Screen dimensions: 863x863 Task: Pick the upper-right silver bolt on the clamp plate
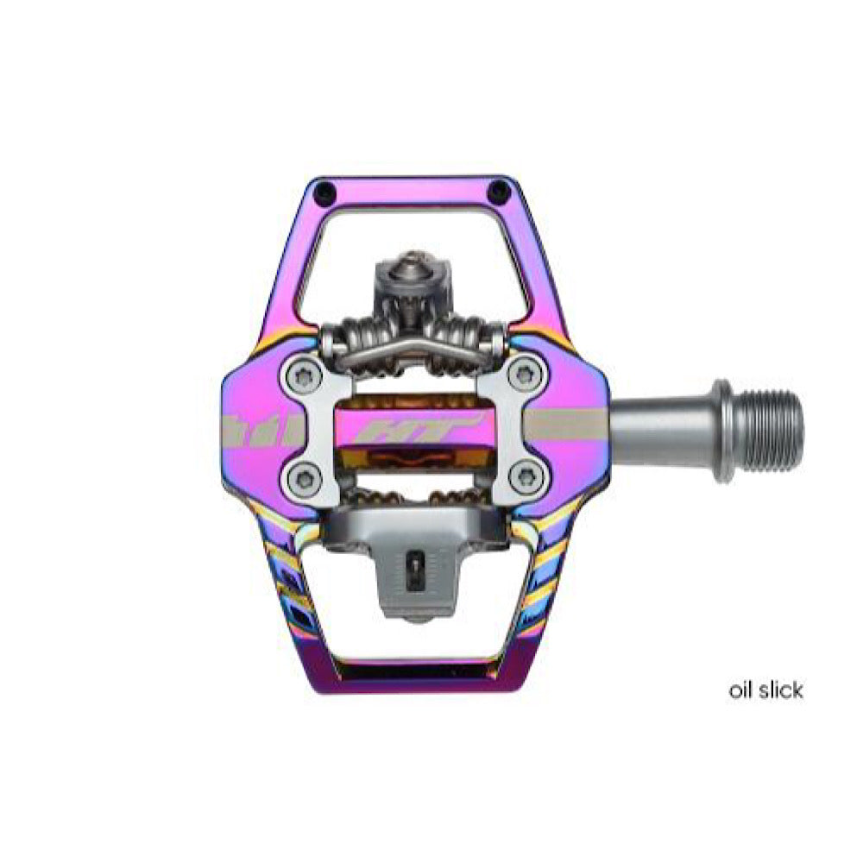(x=527, y=375)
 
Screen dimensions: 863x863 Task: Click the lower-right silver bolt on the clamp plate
(x=527, y=476)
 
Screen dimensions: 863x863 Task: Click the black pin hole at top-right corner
(x=499, y=191)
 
